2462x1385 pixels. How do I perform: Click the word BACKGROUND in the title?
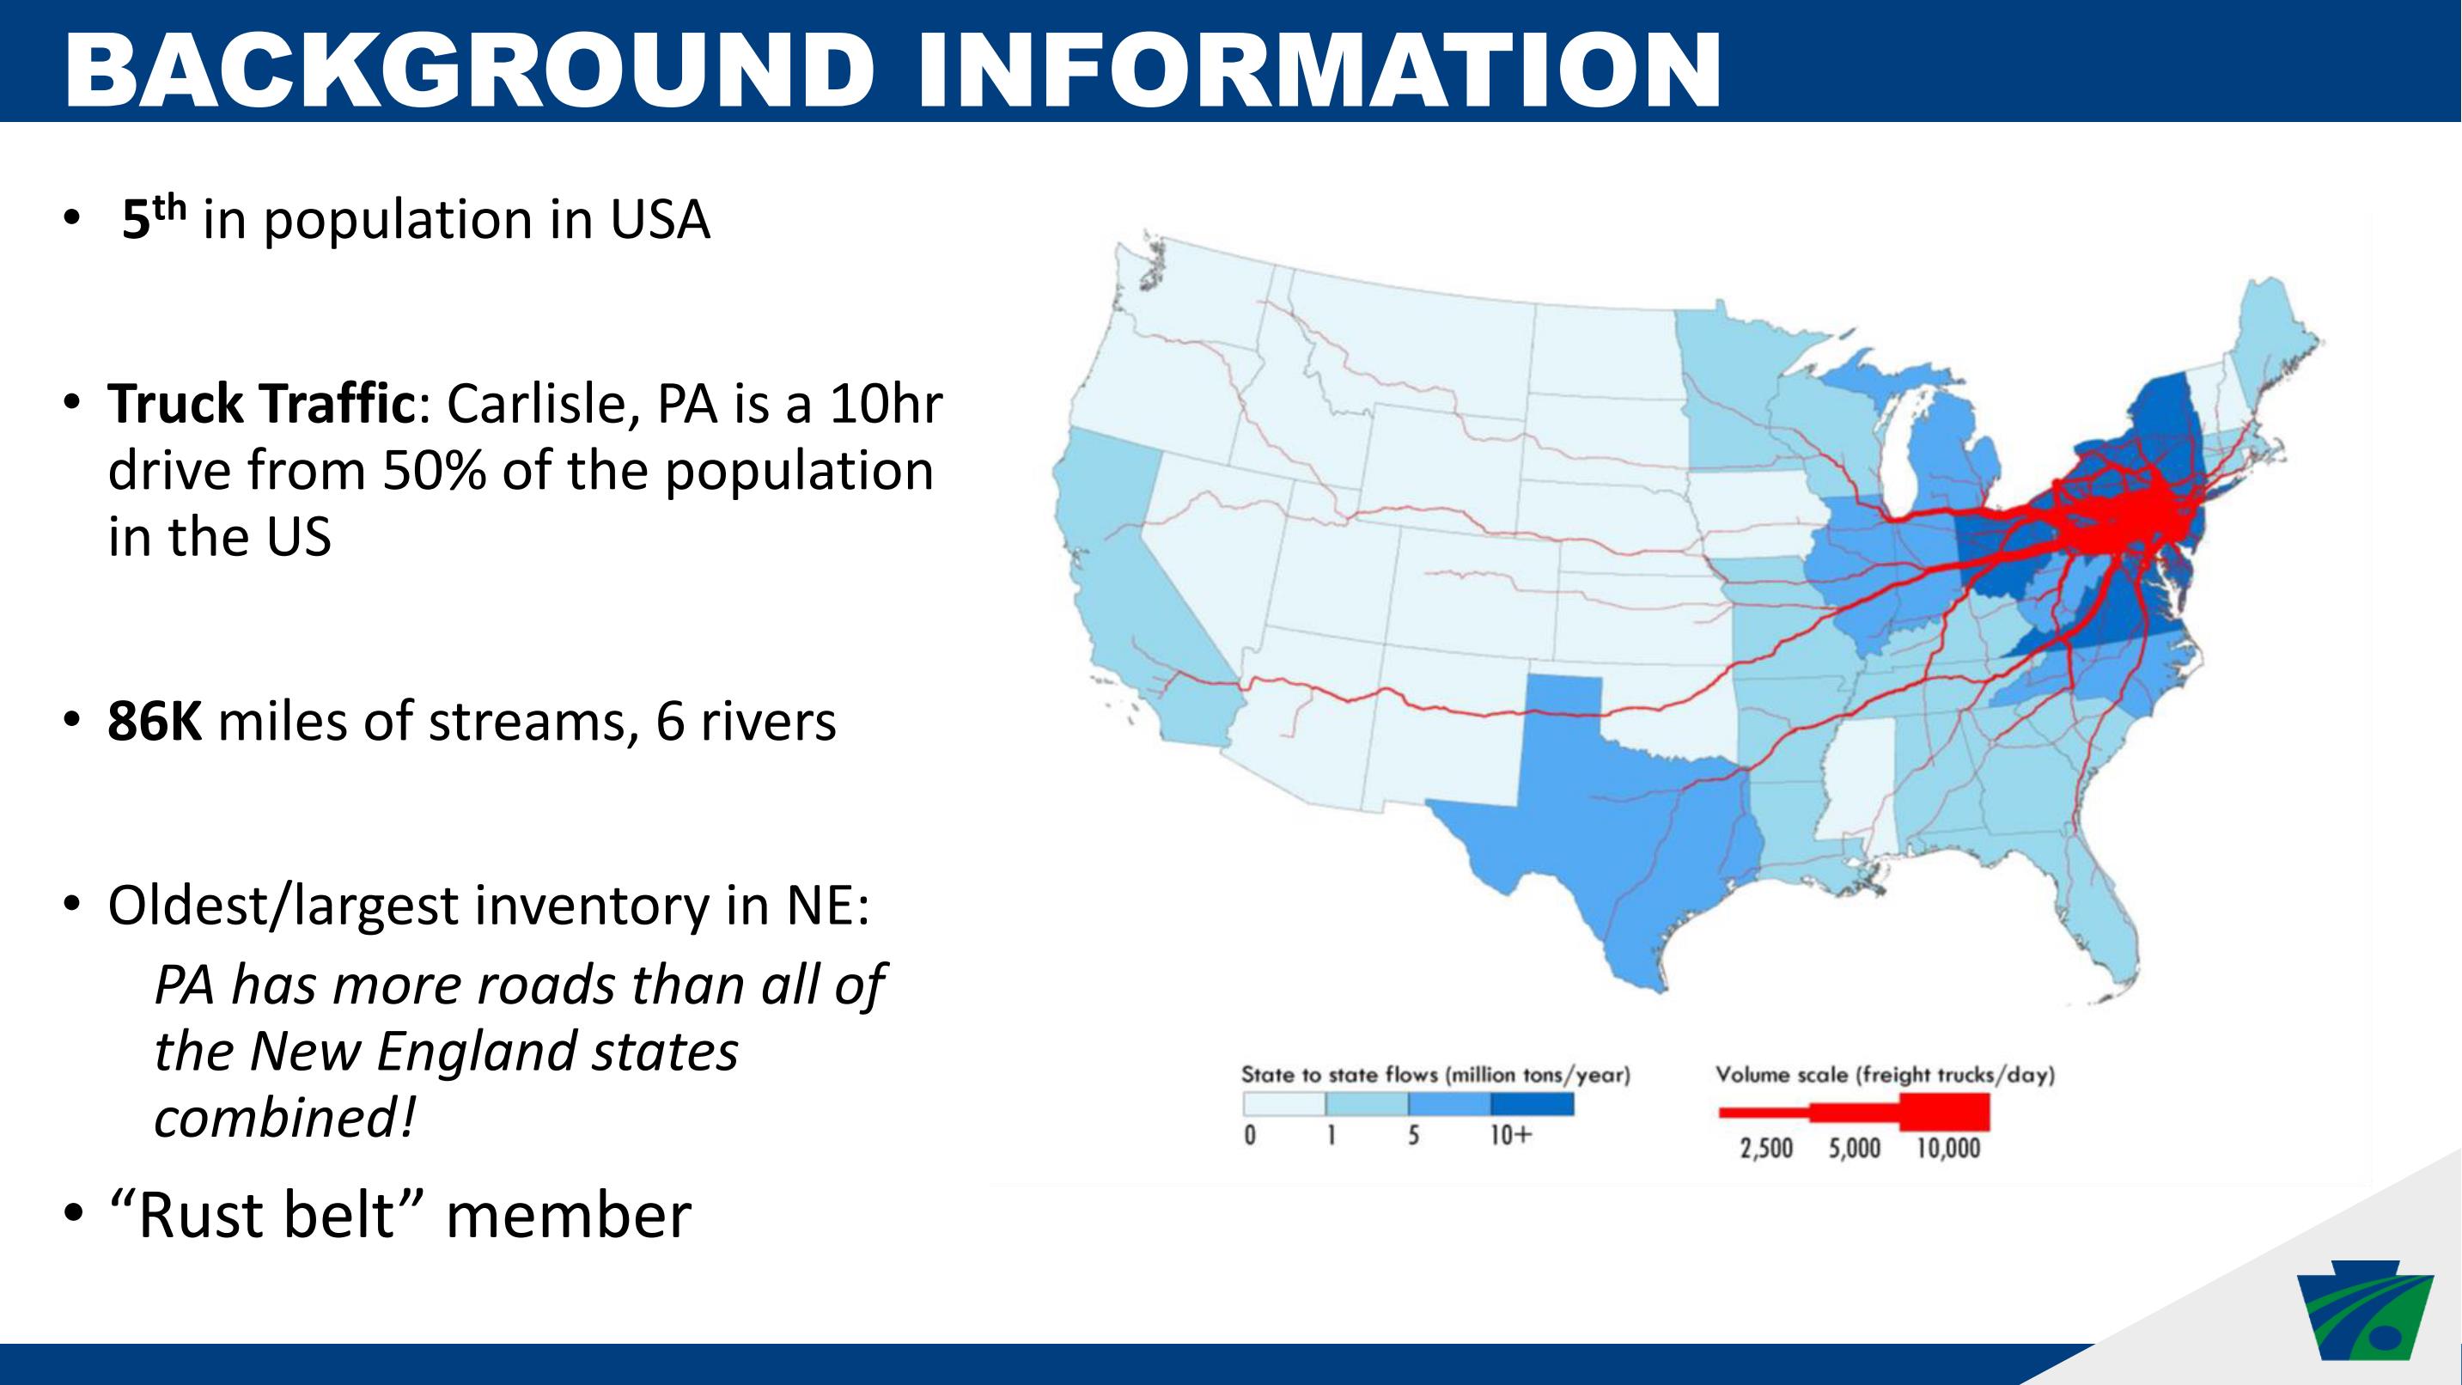(469, 70)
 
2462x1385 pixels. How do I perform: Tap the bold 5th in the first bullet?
(153, 219)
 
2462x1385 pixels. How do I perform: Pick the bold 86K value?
(155, 722)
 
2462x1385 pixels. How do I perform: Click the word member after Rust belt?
(569, 1215)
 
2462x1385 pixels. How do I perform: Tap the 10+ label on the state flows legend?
(1511, 1136)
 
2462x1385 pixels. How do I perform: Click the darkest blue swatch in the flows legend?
(1532, 1104)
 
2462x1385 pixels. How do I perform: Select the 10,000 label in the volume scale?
(1947, 1148)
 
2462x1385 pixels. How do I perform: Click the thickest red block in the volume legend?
(1945, 1113)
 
